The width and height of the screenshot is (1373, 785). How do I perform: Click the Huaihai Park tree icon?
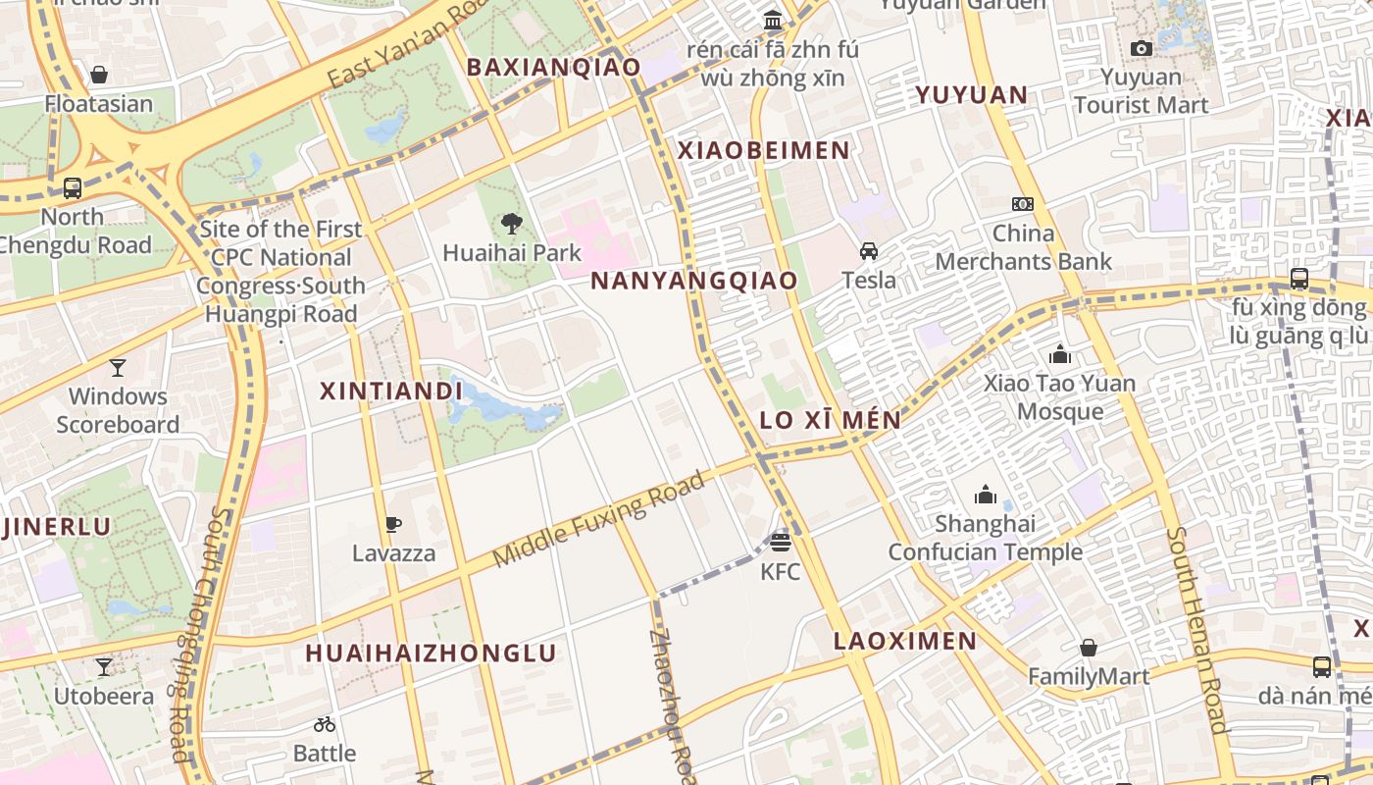tap(511, 224)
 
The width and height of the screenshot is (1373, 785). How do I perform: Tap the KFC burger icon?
tap(781, 542)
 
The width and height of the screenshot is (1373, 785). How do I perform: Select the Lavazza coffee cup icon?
tap(393, 524)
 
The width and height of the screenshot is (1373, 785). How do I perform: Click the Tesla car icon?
tap(869, 251)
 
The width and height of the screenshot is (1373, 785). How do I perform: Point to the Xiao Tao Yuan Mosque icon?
tap(1059, 354)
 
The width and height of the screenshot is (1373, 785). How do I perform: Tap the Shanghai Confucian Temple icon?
tap(986, 495)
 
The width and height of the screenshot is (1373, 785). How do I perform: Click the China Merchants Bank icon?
tap(1023, 204)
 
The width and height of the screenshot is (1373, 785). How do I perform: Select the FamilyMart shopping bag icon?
tap(1088, 648)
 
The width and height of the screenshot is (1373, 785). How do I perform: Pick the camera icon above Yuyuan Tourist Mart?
tap(1141, 48)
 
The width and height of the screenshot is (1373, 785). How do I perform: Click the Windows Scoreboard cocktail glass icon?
tap(118, 368)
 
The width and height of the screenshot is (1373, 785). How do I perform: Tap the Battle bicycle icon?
tap(325, 725)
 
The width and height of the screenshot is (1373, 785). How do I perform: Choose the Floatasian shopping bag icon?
tap(99, 75)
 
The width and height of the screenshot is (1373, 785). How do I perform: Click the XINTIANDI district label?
tap(391, 391)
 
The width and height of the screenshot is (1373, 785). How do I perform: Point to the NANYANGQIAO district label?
tap(694, 281)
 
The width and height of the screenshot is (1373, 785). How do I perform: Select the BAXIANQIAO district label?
tap(553, 67)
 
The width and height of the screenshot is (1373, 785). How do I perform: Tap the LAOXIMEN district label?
tap(904, 642)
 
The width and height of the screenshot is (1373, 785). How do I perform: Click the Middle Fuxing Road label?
tap(599, 519)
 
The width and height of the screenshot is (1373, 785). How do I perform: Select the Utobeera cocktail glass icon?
tap(104, 668)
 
